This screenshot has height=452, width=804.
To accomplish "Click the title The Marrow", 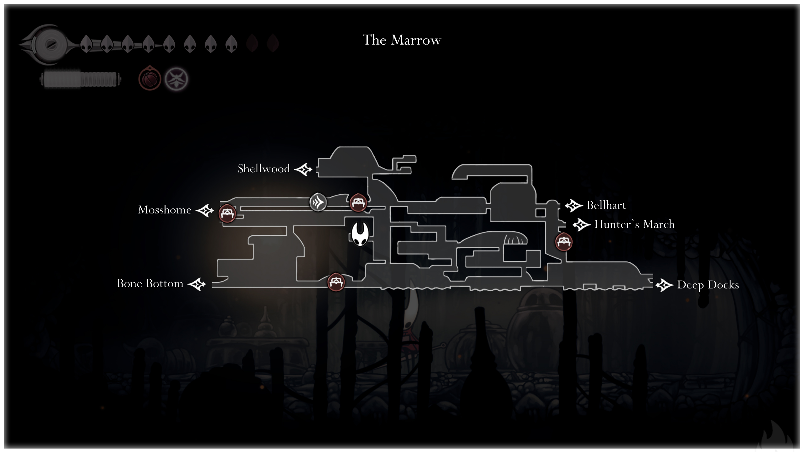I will [x=402, y=40].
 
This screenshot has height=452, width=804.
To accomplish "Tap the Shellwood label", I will [x=263, y=169].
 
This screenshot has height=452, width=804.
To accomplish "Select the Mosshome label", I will [x=165, y=210].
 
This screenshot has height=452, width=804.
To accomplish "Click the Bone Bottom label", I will [x=150, y=284].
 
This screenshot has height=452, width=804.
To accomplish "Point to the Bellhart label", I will [x=606, y=205].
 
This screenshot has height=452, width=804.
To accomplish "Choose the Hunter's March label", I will [x=634, y=224].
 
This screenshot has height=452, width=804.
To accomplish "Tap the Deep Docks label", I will [x=708, y=285].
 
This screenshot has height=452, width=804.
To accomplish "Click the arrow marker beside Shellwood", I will [x=303, y=170].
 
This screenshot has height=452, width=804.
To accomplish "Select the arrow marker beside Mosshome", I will [x=205, y=210].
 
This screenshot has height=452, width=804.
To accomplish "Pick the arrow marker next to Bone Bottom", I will [x=197, y=284].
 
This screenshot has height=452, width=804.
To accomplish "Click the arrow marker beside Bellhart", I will [x=574, y=206].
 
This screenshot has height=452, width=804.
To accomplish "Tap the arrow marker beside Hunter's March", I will [x=581, y=225].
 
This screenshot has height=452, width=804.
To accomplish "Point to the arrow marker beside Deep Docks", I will [x=664, y=286].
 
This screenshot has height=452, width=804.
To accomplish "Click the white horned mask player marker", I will [x=360, y=234].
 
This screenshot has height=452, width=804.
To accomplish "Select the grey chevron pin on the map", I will [x=318, y=202].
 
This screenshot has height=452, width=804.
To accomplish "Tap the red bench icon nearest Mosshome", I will [x=227, y=214].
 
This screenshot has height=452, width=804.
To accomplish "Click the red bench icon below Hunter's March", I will [x=564, y=242].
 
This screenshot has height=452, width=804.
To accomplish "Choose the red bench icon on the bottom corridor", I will [x=336, y=282].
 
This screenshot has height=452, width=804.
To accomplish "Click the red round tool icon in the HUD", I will [x=150, y=79].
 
